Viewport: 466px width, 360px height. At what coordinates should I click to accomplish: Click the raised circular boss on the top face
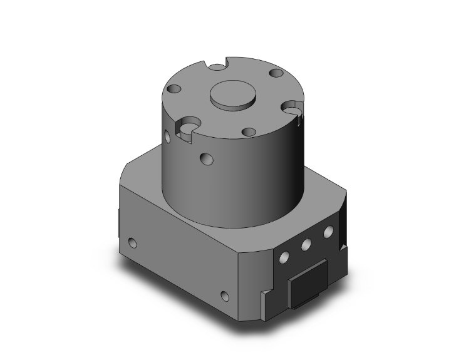coord(233,96)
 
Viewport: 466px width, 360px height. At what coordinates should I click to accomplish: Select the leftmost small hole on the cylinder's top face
coord(175,90)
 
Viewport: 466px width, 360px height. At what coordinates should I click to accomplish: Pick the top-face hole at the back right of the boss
coord(276,74)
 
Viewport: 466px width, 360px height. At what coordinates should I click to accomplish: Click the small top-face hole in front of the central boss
coord(249,131)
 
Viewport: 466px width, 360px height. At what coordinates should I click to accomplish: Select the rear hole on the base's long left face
coord(132,242)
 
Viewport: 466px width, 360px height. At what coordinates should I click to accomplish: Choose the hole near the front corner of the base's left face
coord(225,295)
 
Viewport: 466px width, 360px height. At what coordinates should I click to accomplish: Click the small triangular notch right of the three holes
coord(341,249)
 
